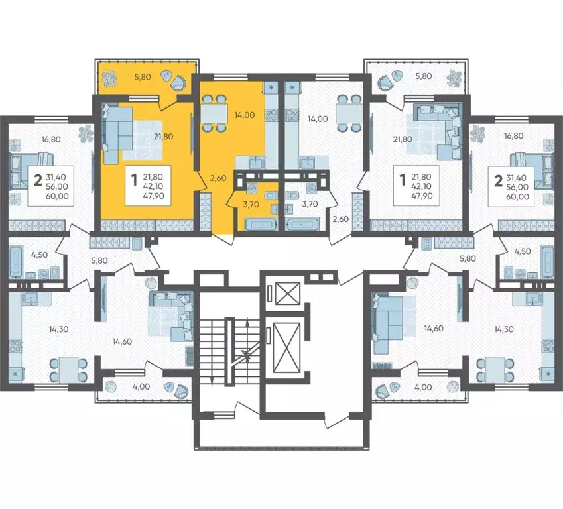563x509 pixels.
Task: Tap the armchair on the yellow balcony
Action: tap(177, 83)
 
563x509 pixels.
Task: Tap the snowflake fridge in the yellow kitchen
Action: tap(271, 87)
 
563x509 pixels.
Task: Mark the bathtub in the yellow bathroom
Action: tap(259, 224)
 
